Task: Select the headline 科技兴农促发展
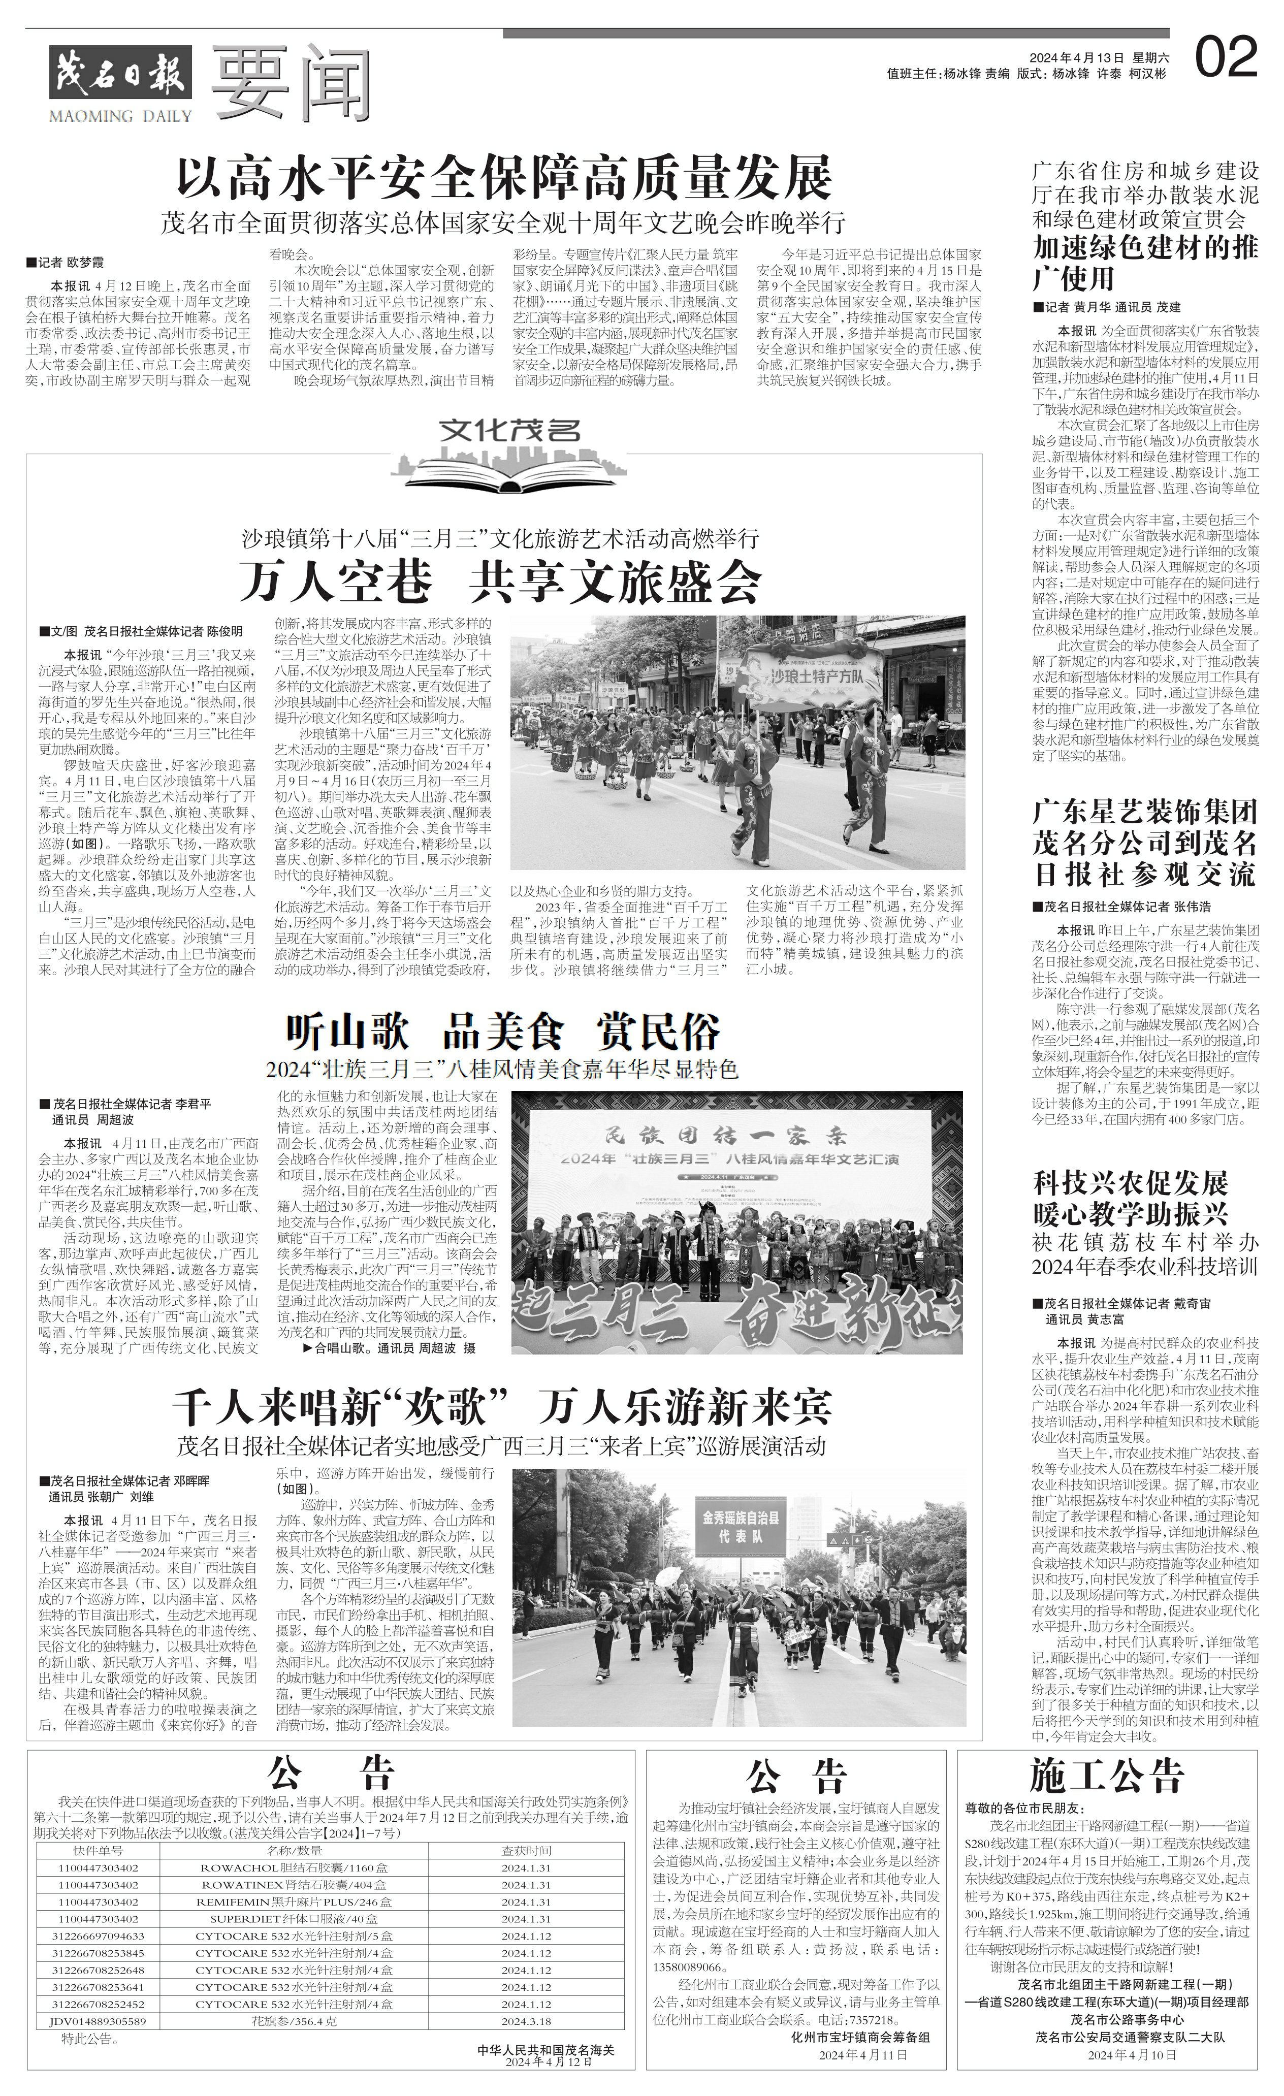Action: pos(1131,1182)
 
